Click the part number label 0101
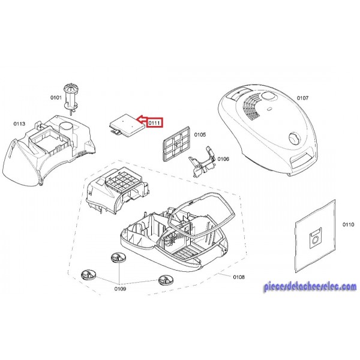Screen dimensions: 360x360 pyautogui.click(x=56, y=98)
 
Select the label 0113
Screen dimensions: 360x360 pyautogui.click(x=19, y=124)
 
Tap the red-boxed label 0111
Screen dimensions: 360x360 pyautogui.click(x=154, y=123)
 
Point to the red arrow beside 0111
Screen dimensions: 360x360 pyautogui.click(x=142, y=119)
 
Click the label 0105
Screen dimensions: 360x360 pyautogui.click(x=200, y=134)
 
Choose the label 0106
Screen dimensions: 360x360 pyautogui.click(x=223, y=159)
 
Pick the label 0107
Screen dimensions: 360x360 pyautogui.click(x=302, y=98)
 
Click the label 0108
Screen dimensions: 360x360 pyautogui.click(x=239, y=277)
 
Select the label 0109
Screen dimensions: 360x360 pyautogui.click(x=121, y=289)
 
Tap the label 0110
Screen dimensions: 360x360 pyautogui.click(x=348, y=224)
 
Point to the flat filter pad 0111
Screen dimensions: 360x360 pyautogui.click(x=127, y=125)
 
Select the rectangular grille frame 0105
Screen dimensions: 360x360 pyautogui.click(x=176, y=143)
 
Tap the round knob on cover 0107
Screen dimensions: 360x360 pyautogui.click(x=294, y=139)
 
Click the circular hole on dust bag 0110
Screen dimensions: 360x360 pyautogui.click(x=315, y=240)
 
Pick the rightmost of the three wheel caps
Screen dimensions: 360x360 pyautogui.click(x=166, y=280)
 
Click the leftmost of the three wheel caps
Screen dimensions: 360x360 pyautogui.click(x=89, y=275)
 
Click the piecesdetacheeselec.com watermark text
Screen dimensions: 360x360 pyautogui.click(x=310, y=287)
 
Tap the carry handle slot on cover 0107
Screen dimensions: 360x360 pyautogui.click(x=302, y=159)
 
